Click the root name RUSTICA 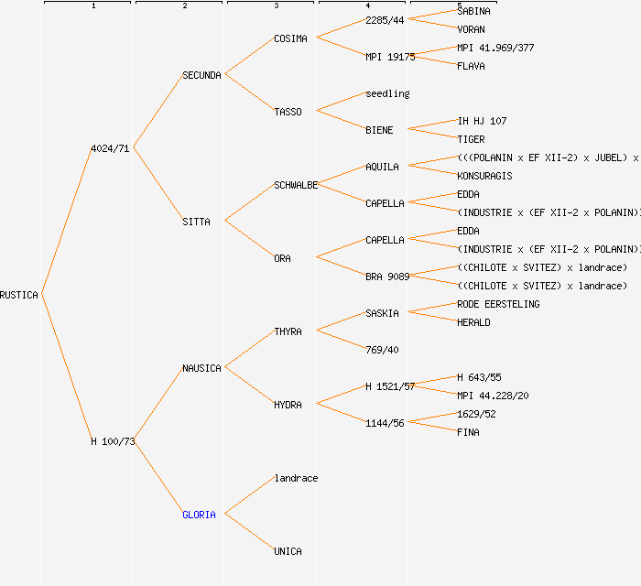19,295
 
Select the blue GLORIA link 199,515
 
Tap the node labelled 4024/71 111,148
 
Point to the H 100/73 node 113,441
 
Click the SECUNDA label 201,75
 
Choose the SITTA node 196,222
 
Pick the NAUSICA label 201,368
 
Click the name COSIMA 290,38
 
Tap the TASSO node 288,112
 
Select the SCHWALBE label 296,185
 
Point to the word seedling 387,93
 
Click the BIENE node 379,130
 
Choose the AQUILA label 382,167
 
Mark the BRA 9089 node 387,277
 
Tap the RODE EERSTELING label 498,304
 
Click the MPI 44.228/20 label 493,396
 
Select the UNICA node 288,551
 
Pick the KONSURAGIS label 484,176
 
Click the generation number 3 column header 276,6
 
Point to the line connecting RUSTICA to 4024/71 66,222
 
